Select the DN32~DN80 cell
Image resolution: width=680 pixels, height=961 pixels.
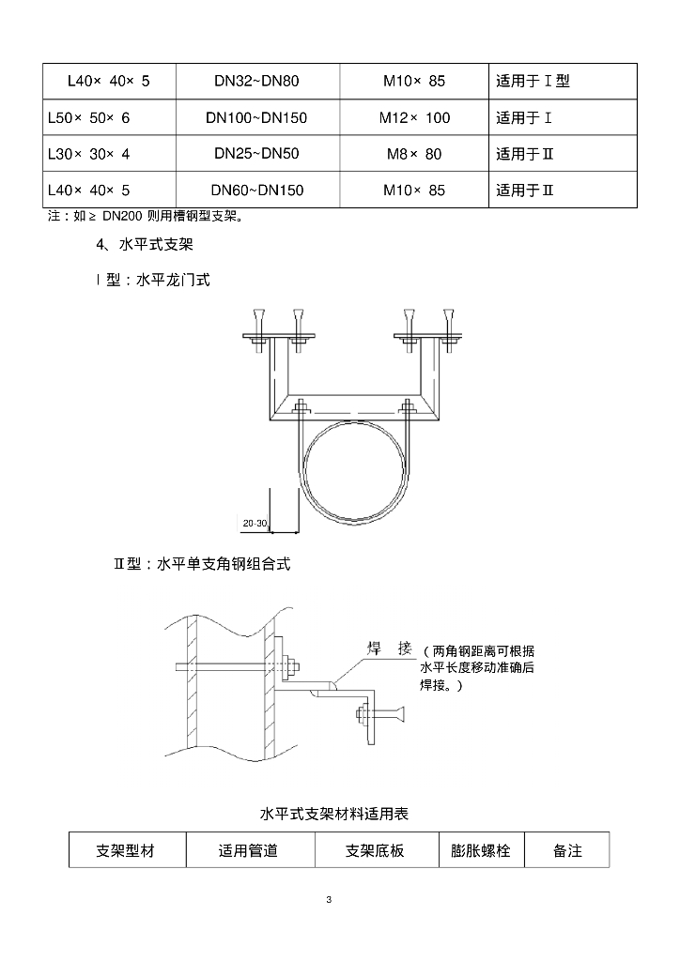click(257, 81)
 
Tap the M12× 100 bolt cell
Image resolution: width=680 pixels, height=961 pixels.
click(414, 117)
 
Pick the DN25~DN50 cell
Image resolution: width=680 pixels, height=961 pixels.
click(257, 154)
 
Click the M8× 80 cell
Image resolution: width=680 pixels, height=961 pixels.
click(414, 154)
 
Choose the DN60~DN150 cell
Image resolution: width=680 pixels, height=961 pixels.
click(257, 190)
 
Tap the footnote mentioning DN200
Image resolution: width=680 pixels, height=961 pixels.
click(146, 217)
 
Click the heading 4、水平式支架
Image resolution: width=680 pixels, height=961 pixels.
click(145, 245)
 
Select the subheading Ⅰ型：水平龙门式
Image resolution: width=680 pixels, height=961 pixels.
click(153, 280)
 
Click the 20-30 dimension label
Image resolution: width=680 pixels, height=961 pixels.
click(255, 524)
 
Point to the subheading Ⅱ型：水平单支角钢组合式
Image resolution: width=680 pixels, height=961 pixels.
click(202, 564)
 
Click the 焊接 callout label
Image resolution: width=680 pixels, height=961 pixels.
click(390, 648)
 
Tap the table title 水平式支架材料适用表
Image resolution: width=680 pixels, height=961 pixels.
click(334, 814)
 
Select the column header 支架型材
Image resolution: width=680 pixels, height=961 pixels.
click(125, 850)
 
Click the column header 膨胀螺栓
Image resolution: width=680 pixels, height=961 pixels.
click(481, 850)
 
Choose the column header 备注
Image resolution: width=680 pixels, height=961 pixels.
click(567, 850)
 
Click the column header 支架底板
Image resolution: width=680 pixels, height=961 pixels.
click(375, 850)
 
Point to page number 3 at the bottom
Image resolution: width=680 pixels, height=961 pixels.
click(330, 900)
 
